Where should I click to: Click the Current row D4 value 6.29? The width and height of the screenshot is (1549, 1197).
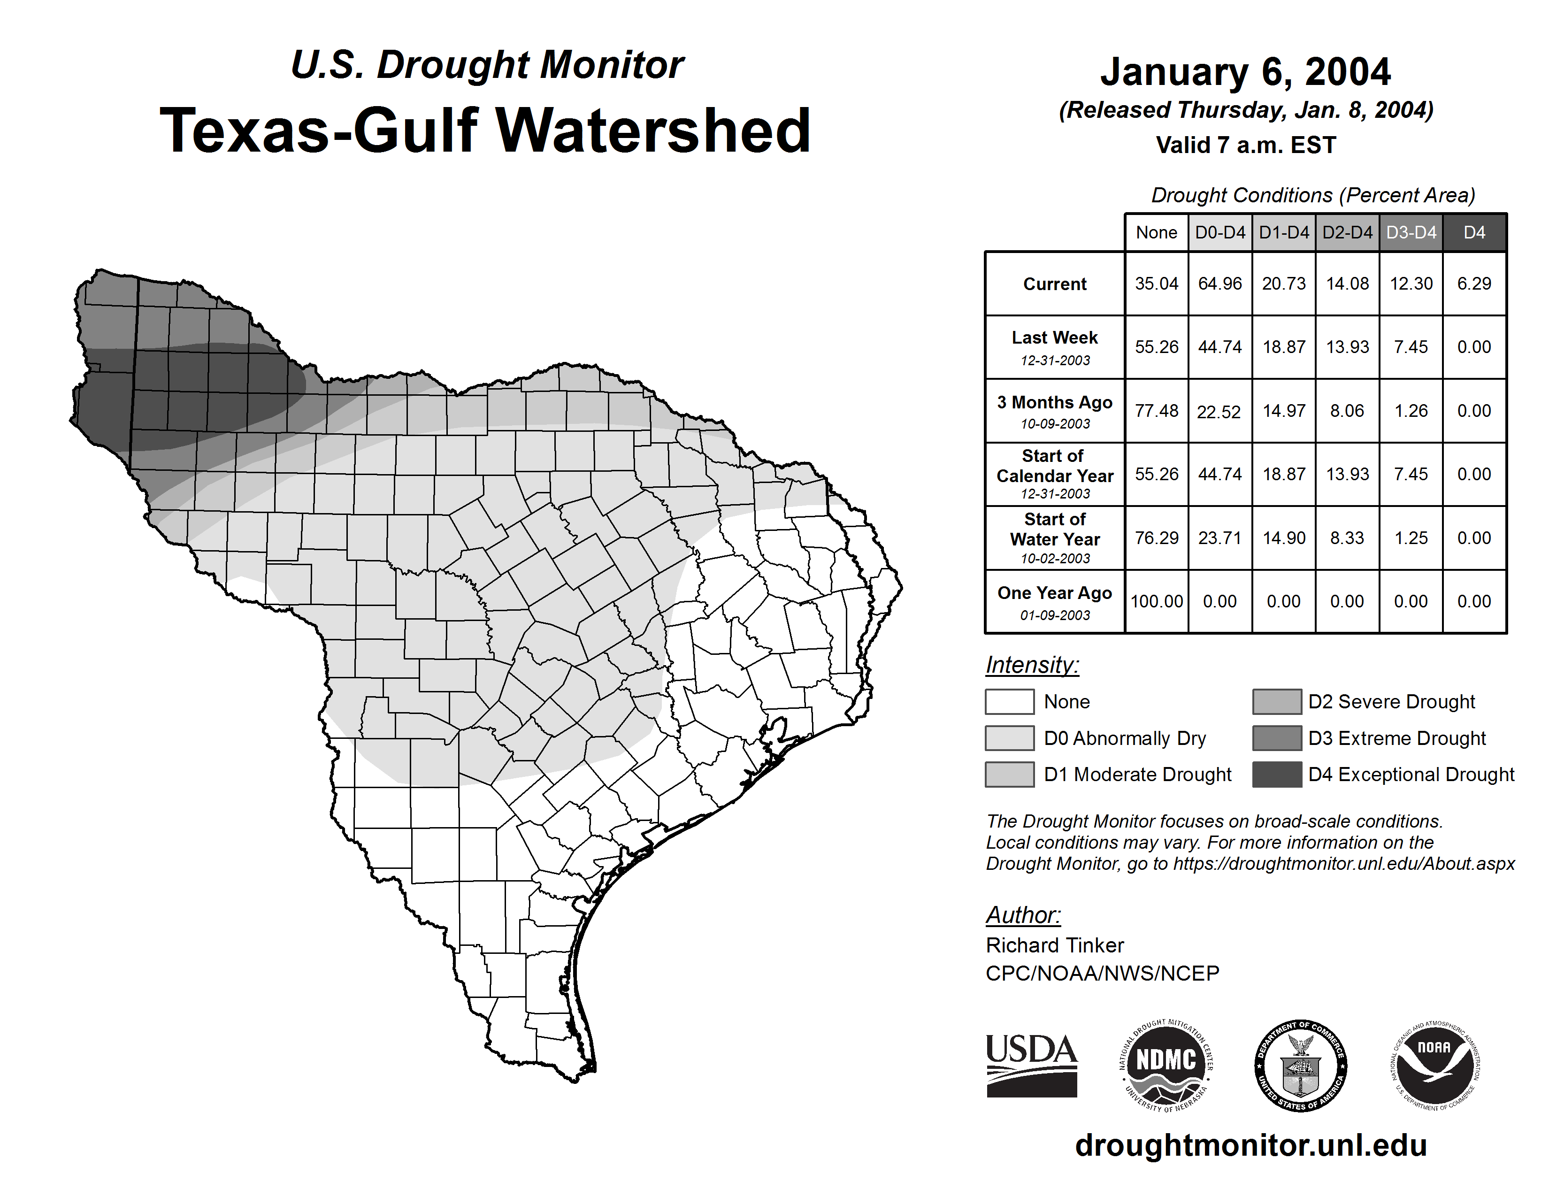coord(1474,284)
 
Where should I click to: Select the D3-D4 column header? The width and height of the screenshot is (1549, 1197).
coord(1411,232)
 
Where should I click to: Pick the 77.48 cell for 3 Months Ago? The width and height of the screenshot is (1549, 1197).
coord(1156,411)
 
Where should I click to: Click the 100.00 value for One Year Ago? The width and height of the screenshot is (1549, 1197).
coord(1156,601)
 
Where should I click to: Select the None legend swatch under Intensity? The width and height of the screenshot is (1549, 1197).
coord(1009,701)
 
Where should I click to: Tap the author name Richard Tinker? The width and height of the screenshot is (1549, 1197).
coord(1055,945)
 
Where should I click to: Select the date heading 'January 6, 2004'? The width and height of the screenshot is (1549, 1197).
coord(1245,72)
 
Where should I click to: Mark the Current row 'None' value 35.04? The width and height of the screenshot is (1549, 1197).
coord(1156,284)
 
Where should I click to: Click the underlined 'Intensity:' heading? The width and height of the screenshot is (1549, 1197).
coord(1032,665)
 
